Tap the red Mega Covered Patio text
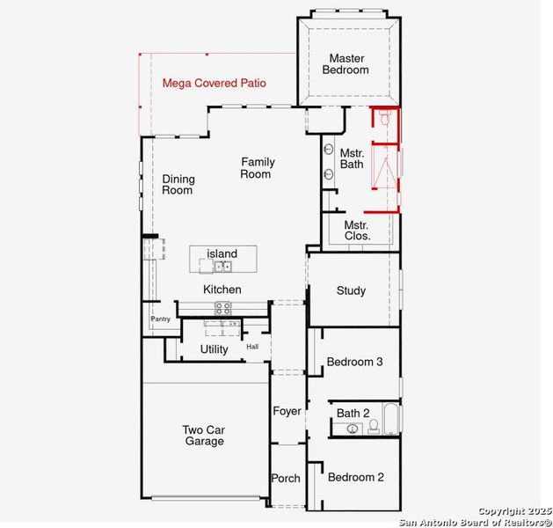point(215,84)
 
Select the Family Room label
point(258,168)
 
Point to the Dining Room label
point(178,185)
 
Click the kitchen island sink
point(223,266)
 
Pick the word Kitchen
point(222,290)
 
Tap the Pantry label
point(160,319)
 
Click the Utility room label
point(214,349)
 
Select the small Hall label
point(252,347)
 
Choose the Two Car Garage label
point(204,436)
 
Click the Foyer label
point(287,411)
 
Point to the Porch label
point(286,479)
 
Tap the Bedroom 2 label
point(356,478)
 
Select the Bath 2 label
point(353,413)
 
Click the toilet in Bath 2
point(374,428)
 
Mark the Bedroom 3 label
point(354,362)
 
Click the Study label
point(351,291)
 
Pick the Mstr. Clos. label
point(356,231)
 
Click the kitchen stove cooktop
point(223,307)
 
